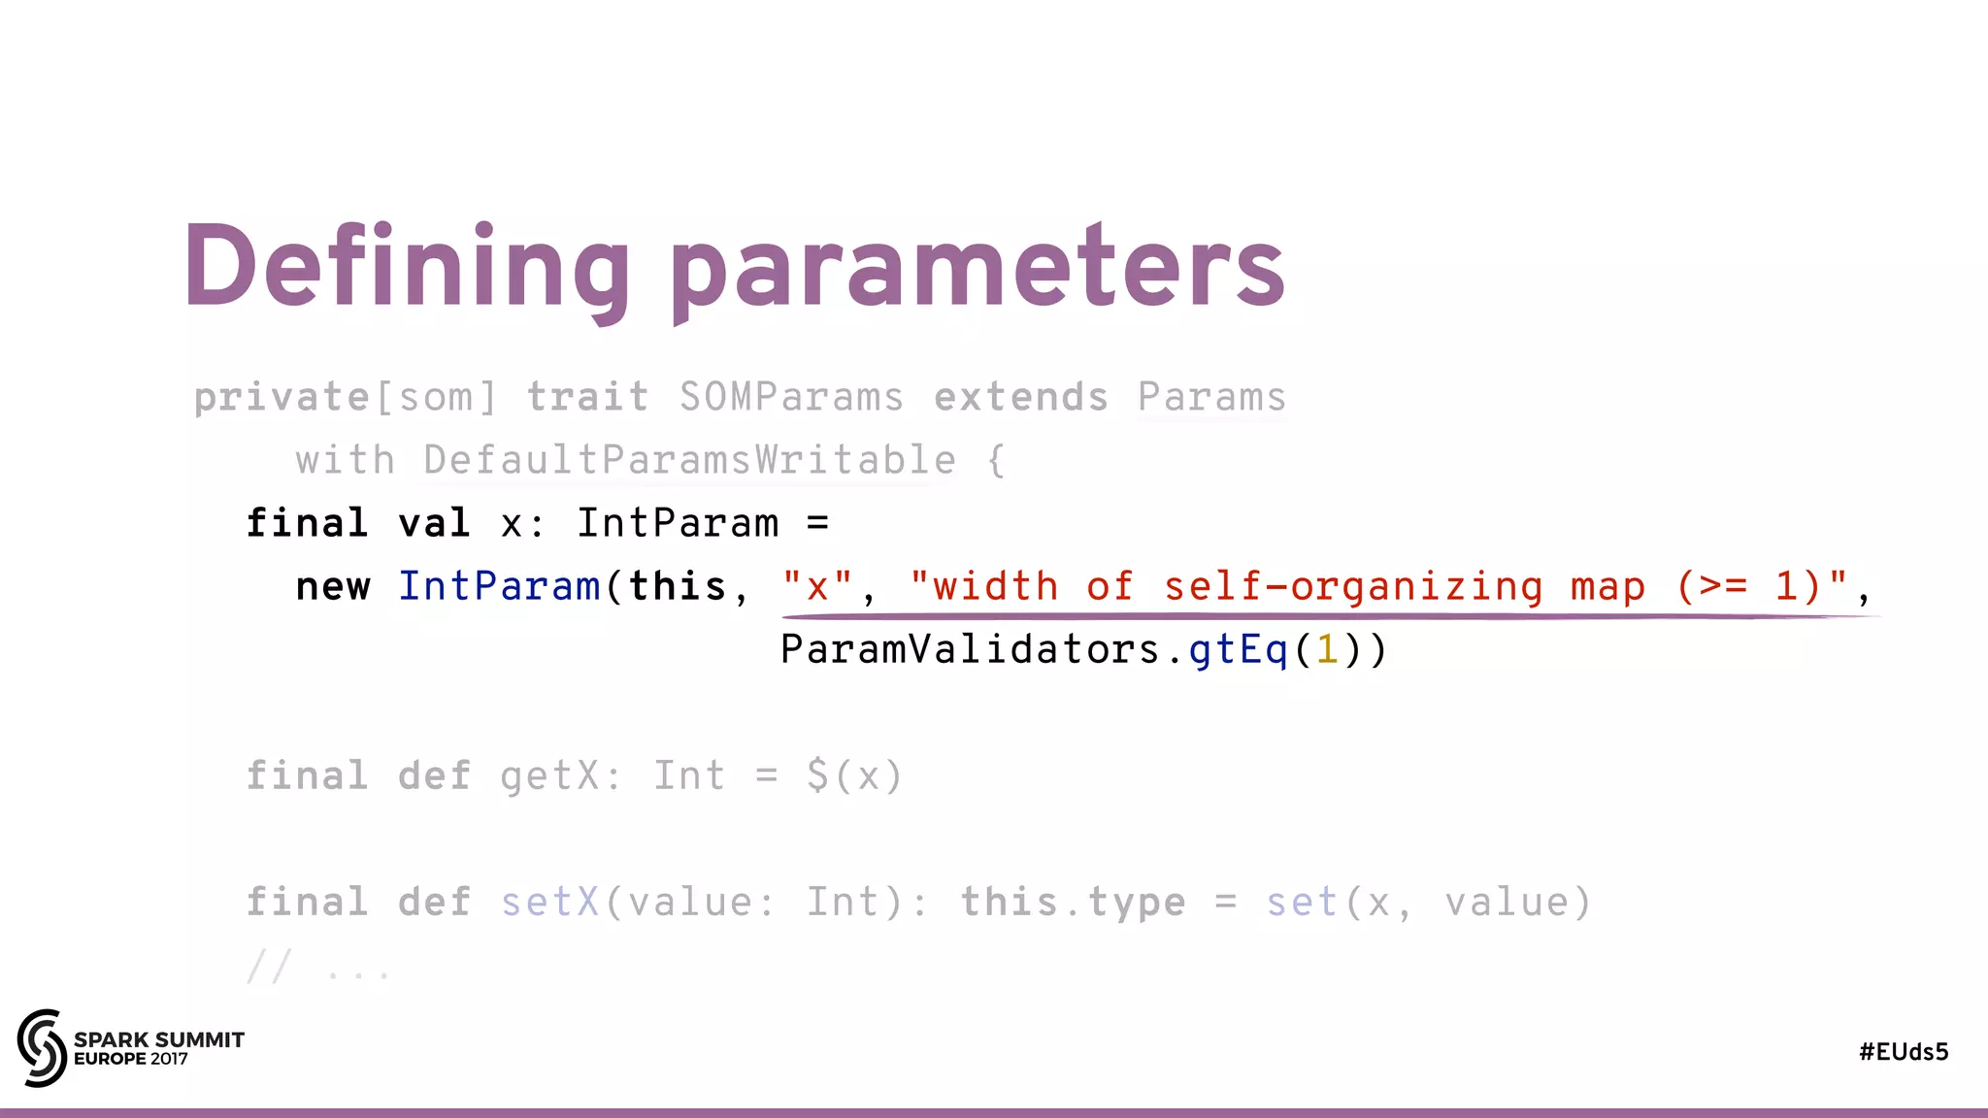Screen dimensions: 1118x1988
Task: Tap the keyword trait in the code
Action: coord(587,398)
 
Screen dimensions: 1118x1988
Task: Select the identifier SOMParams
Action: coord(791,398)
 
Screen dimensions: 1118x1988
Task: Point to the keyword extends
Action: coord(1020,398)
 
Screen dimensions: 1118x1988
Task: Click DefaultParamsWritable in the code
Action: coord(689,460)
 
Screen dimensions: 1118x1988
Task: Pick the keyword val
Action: coord(434,524)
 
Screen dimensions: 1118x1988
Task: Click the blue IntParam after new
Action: coord(499,586)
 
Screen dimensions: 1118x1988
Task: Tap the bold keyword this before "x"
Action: coord(677,586)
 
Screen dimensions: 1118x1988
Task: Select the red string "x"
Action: coord(817,586)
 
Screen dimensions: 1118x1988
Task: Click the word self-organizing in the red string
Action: coord(1353,586)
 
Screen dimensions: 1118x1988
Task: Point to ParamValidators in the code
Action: coord(970,649)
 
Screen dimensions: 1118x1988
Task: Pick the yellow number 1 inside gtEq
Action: coord(1327,649)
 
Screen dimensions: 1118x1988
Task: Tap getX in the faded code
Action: coord(549,776)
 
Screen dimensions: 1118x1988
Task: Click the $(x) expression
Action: coord(854,776)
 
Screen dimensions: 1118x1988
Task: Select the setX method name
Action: coord(549,903)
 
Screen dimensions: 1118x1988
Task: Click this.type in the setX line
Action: coord(1073,903)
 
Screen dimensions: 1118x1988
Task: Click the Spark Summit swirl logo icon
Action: coord(42,1047)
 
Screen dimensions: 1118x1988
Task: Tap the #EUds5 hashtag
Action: coord(1904,1052)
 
